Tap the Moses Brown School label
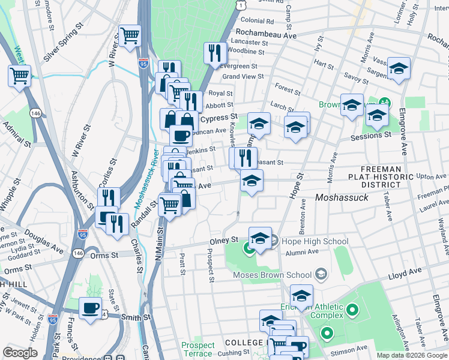(273, 275)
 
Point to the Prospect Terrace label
(198, 349)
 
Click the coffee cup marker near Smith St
(91, 308)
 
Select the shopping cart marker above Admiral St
(20, 76)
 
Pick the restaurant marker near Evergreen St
(214, 53)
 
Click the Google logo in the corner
(20, 353)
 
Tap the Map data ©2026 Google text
(412, 355)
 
